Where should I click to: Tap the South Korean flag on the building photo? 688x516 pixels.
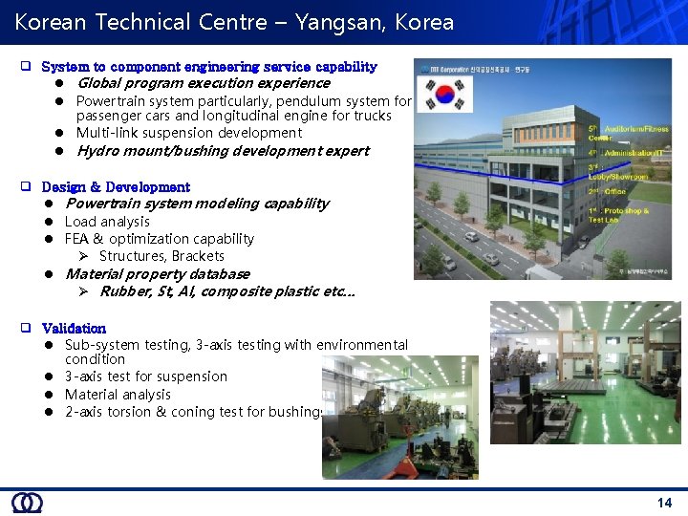pyautogui.click(x=447, y=95)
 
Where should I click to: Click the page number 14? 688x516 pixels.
pyautogui.click(x=664, y=503)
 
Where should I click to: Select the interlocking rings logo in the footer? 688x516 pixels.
pyautogui.click(x=27, y=503)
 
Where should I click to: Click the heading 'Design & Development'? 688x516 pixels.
pyautogui.click(x=116, y=187)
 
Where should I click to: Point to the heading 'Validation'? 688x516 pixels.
pyautogui.click(x=74, y=328)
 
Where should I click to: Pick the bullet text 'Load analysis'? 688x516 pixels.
pyautogui.click(x=107, y=222)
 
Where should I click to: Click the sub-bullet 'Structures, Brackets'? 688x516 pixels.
pyautogui.click(x=161, y=256)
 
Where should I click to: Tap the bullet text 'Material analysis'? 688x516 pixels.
pyautogui.click(x=118, y=395)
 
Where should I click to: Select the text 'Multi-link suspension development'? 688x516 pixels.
pyautogui.click(x=188, y=133)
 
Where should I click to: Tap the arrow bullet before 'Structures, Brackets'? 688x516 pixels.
pyautogui.click(x=83, y=256)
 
